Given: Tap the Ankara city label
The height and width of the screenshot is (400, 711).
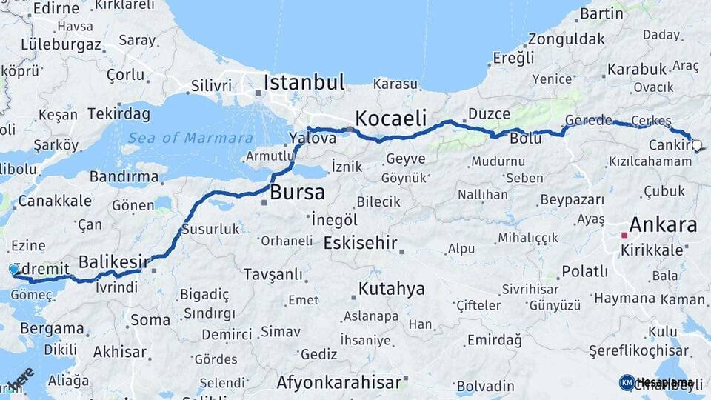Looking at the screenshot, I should coord(663,224).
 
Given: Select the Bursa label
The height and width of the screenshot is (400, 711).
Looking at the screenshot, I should coord(297,193).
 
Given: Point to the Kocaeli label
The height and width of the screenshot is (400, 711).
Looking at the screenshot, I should coord(391,118).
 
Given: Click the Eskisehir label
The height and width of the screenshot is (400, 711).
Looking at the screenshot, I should coord(361,243).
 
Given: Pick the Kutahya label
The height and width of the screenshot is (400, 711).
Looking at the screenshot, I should coord(392,288).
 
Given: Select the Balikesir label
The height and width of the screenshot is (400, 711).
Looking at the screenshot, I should coord(114,261).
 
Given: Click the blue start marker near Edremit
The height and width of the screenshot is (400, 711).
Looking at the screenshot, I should coord(14,270).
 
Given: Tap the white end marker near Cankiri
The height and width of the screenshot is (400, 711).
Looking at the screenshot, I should coord(696,146).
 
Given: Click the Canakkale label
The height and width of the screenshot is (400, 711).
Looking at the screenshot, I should coord(55,201).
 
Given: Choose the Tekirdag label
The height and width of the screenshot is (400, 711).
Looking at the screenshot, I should coord(118,114).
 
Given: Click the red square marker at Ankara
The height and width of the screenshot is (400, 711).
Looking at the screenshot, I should coord(624,235).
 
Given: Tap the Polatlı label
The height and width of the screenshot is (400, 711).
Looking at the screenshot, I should coord(585,271).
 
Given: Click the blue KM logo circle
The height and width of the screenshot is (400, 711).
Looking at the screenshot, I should coord(627,382).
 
